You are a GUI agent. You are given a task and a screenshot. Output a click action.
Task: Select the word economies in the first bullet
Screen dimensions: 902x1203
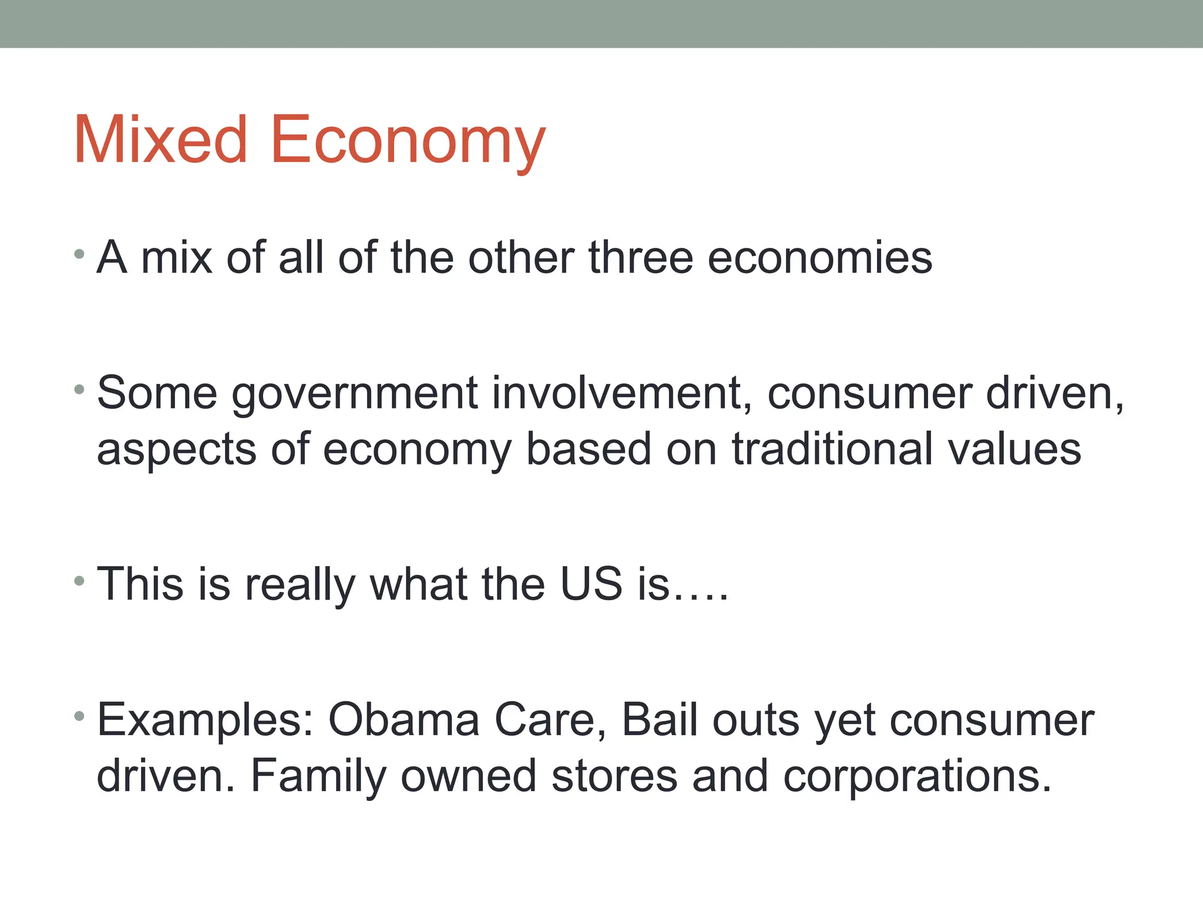click(819, 258)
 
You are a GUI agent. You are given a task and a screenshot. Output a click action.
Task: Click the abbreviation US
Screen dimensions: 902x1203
click(591, 584)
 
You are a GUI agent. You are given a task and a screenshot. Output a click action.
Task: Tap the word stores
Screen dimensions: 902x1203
click(614, 776)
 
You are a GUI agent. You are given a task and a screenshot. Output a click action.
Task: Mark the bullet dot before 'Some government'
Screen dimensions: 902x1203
click(80, 389)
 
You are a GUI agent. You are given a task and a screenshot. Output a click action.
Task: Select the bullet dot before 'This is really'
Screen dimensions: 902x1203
click(80, 581)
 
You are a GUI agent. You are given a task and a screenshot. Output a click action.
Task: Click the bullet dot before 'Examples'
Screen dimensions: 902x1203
click(80, 716)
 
